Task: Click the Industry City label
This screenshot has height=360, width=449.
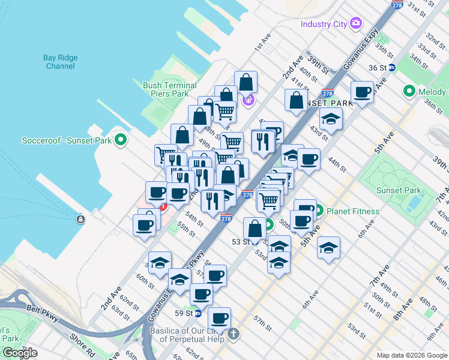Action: (324, 24)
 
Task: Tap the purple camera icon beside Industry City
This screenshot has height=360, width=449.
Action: (356, 24)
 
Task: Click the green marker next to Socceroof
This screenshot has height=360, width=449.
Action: (121, 140)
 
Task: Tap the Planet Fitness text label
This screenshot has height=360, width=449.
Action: (353, 211)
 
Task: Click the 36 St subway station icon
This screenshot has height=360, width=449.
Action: (391, 68)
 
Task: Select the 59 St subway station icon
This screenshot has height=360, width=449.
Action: (197, 313)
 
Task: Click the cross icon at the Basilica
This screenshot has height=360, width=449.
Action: (234, 333)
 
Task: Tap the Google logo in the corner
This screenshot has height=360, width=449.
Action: (20, 353)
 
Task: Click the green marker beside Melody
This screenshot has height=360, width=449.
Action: (410, 92)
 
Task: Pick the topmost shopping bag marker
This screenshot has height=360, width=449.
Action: (246, 82)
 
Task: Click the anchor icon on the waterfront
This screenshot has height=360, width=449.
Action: (80, 220)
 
